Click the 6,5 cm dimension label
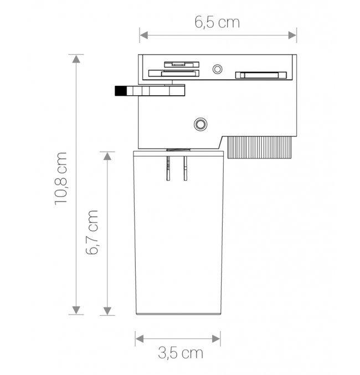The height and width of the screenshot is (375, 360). click(217, 22)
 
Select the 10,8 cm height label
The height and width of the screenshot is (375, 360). click(60, 179)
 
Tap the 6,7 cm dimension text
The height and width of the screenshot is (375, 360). click(92, 232)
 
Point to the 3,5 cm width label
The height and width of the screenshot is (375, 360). click(181, 353)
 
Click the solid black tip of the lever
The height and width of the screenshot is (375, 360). click(121, 91)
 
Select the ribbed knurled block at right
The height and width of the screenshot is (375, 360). click(259, 147)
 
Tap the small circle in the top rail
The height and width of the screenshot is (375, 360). click(217, 69)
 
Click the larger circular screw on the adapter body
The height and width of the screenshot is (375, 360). click(200, 124)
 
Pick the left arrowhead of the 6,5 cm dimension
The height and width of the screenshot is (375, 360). click(144, 35)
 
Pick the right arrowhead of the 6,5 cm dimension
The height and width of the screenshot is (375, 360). click(292, 35)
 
